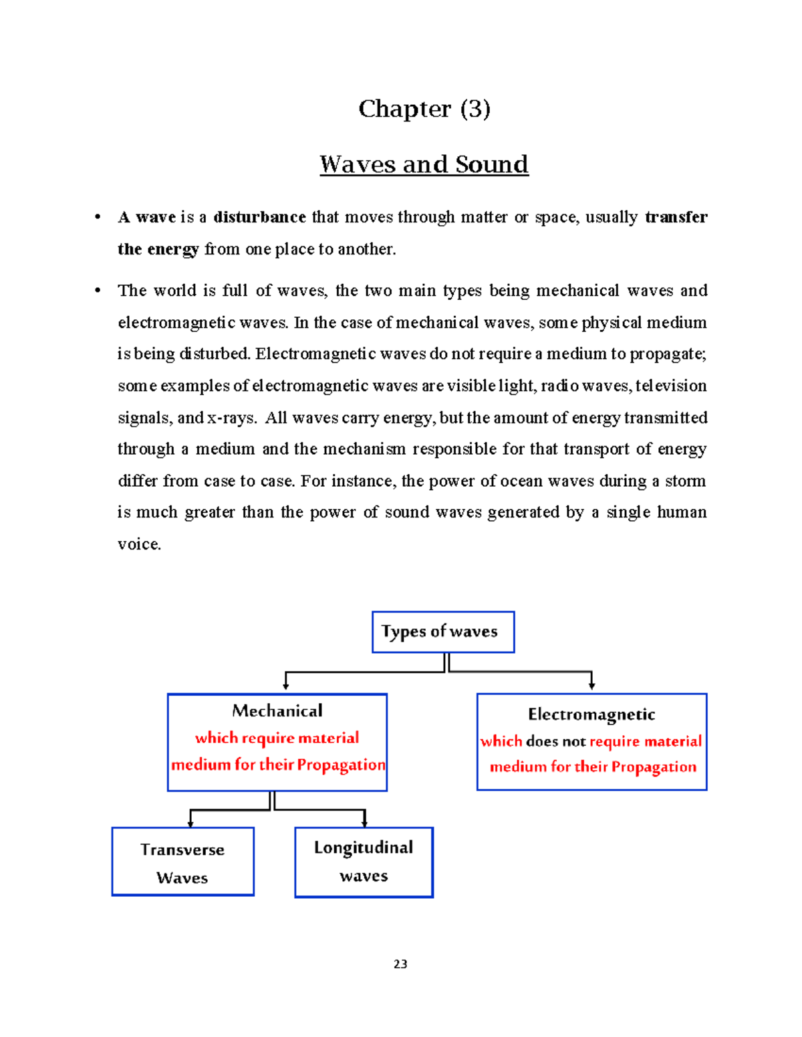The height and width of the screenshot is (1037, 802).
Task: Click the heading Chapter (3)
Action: coord(424,109)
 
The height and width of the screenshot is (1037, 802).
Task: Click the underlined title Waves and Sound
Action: coord(424,164)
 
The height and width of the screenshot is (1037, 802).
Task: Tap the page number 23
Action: coord(400,964)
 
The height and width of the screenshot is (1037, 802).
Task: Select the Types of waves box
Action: coord(442,632)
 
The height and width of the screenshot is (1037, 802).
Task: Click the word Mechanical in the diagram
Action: coord(277,711)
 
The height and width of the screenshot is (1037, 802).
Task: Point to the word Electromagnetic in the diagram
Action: coord(591,714)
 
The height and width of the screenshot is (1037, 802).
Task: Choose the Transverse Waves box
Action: coord(182,862)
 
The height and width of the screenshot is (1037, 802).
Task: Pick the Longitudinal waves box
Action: coord(364,862)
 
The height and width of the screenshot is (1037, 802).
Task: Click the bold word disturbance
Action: coord(259,218)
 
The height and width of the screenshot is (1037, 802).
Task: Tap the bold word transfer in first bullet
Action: coord(676,218)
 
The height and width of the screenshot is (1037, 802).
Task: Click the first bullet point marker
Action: coord(98,218)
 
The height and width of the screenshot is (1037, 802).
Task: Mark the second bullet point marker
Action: coord(98,290)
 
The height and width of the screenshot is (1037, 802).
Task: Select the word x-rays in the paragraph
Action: coord(231,418)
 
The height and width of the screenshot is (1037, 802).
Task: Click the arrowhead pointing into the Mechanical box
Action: coord(286,685)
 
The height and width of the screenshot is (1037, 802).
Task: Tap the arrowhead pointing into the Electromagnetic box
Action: coord(591,685)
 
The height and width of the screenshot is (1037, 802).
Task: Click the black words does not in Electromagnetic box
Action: coord(555,741)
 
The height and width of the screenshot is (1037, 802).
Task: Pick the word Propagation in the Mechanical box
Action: coord(341,765)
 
